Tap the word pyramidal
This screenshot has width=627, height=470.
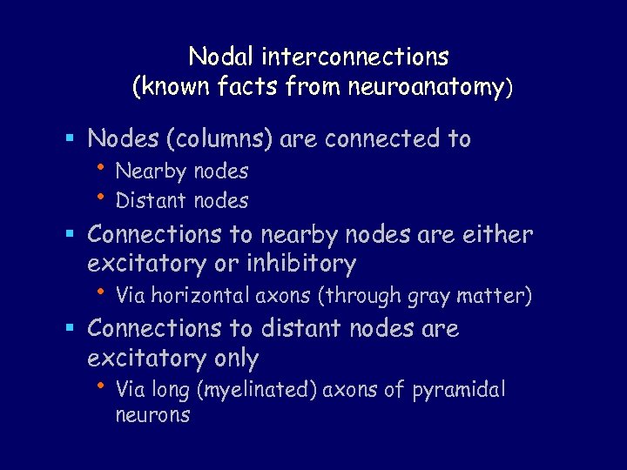(x=459, y=390)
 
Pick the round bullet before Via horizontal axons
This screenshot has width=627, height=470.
(x=102, y=292)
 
